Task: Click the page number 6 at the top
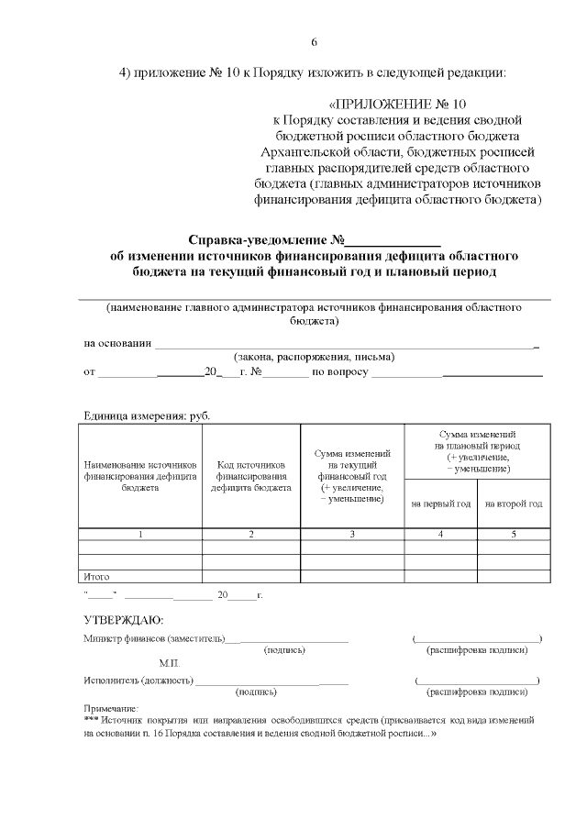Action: (315, 42)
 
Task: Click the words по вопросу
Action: (340, 372)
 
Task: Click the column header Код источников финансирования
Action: (251, 476)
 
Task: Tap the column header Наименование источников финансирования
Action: (140, 476)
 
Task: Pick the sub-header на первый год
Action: (440, 504)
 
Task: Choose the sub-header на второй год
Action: (514, 504)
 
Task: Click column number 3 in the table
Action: (352, 533)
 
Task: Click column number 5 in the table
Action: (514, 533)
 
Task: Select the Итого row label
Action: (96, 577)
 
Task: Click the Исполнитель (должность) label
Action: (138, 681)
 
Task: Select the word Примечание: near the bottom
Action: (111, 708)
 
